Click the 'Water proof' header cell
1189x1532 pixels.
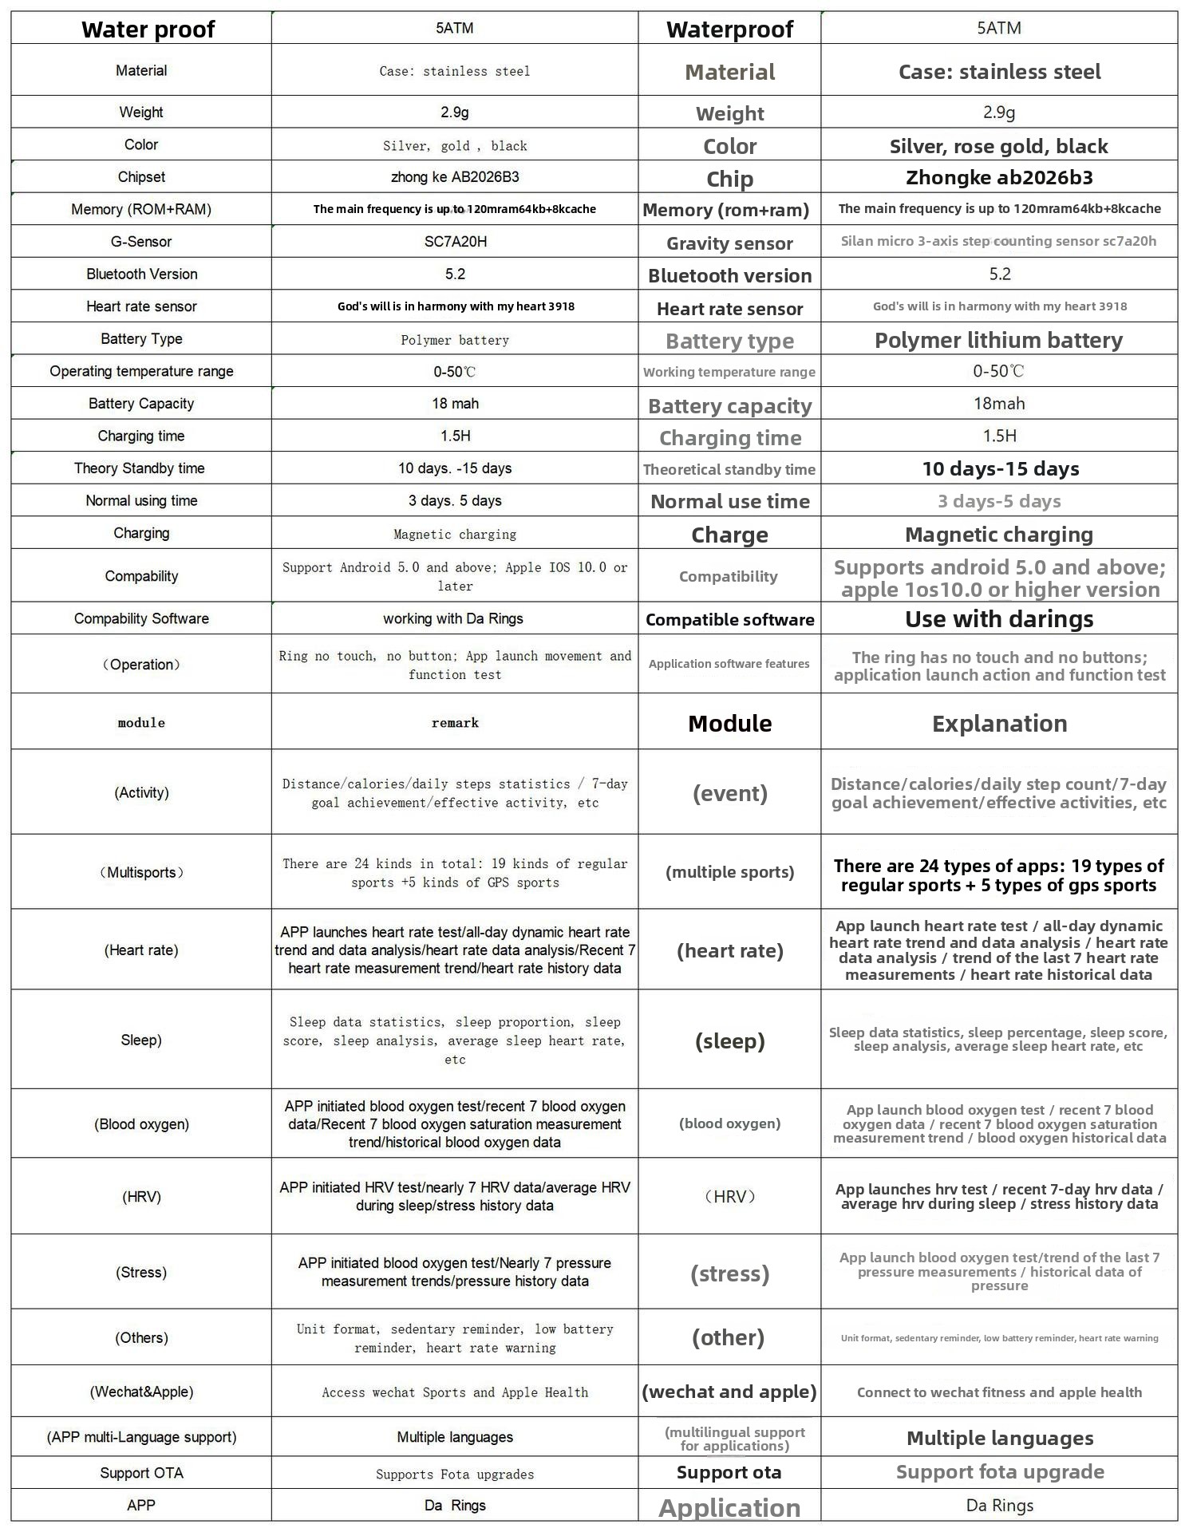coord(148,30)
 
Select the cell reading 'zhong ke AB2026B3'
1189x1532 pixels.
coord(455,177)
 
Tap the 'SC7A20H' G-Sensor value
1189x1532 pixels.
coord(455,242)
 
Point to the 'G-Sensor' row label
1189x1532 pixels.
coord(141,242)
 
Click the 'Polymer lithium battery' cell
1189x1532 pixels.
coord(998,341)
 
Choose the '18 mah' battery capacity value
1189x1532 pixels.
coord(455,404)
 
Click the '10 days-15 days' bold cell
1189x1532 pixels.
coord(1000,469)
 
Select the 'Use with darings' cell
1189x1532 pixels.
coord(999,619)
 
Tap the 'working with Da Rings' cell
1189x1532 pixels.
coord(453,618)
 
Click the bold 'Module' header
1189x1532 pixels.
coord(729,724)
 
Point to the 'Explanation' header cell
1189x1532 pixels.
coord(999,724)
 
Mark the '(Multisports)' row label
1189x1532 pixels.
coord(141,872)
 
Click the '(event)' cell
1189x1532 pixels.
coord(729,793)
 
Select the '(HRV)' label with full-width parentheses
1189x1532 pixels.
coord(729,1197)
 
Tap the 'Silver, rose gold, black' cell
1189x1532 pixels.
coord(998,147)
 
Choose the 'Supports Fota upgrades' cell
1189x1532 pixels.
coord(455,1474)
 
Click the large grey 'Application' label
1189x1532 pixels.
coord(729,1507)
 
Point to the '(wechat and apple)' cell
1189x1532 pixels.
coord(729,1392)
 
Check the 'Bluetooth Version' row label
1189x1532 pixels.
coord(142,274)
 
